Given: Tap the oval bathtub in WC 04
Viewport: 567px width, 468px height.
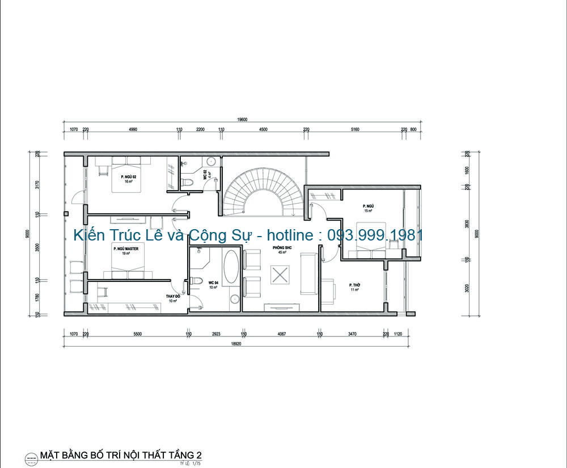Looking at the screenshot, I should tap(231, 268).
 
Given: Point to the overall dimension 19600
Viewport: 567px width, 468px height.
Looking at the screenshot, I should tap(243, 120).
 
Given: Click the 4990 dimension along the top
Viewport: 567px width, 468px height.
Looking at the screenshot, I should tap(133, 130).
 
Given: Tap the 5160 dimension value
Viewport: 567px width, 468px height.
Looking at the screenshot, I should tap(355, 130).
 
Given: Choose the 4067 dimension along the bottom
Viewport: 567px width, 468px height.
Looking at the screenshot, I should tap(281, 334).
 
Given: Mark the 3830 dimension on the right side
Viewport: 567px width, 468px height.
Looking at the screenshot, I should tap(467, 224).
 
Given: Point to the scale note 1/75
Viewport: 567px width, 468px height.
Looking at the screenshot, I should tap(197, 463).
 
